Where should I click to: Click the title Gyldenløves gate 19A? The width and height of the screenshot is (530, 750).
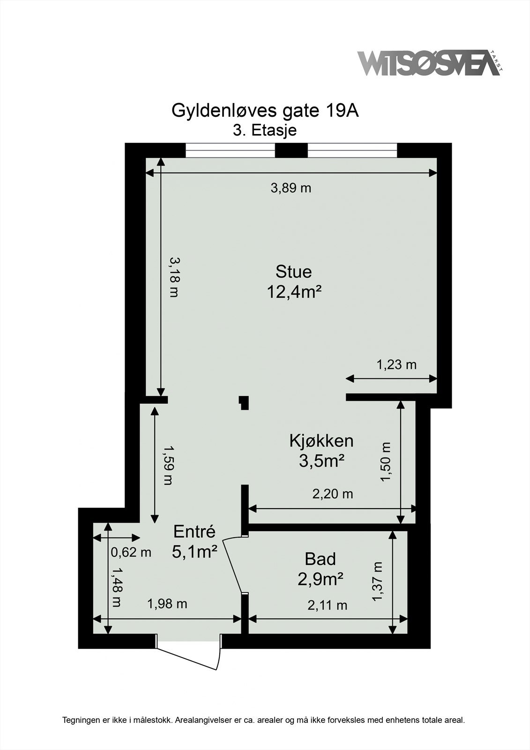(x=265, y=111)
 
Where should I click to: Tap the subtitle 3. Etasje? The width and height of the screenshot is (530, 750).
(x=265, y=130)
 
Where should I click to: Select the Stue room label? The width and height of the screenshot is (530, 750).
(x=293, y=271)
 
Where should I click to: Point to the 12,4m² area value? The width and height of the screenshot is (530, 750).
(x=293, y=292)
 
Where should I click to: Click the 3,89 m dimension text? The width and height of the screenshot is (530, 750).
(x=291, y=188)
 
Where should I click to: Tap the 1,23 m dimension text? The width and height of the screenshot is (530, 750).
(x=396, y=364)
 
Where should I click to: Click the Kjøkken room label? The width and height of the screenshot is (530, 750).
(x=321, y=441)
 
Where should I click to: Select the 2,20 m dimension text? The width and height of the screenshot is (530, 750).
(x=333, y=494)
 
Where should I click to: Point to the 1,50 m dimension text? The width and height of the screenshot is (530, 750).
(x=386, y=462)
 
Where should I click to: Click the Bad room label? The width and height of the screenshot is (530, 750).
(x=320, y=559)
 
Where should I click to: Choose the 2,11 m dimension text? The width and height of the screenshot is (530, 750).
(x=327, y=605)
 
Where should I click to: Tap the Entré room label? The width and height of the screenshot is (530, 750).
(x=194, y=532)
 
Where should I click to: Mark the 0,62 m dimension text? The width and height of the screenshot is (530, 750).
(x=131, y=552)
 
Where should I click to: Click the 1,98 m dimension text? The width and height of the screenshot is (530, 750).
(x=167, y=604)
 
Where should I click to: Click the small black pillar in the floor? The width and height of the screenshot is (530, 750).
(x=244, y=403)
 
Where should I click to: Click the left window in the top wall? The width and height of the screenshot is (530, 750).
(x=230, y=150)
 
